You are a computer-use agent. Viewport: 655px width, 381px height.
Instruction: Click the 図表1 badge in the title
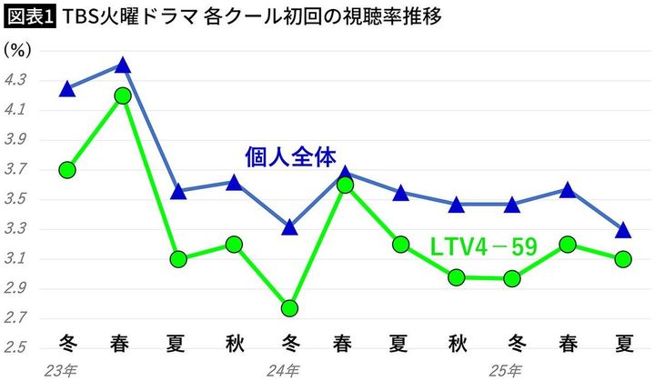[28, 17]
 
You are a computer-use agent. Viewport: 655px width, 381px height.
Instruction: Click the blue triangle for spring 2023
[124, 65]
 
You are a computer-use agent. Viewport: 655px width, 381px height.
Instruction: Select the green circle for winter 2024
[289, 308]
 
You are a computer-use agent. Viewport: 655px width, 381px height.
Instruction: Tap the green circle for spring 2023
[124, 95]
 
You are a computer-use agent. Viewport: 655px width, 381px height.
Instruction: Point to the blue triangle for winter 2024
[289, 227]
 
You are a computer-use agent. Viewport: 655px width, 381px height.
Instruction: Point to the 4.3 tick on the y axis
[17, 81]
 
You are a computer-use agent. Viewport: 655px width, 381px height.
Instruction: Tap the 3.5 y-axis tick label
[17, 200]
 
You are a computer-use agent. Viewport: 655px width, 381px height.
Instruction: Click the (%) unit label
[18, 51]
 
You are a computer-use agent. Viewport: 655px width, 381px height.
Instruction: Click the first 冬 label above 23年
[67, 345]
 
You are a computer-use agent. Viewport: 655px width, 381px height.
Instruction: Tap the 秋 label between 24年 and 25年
[457, 345]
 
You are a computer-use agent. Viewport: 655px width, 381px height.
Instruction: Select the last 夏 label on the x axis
[624, 345]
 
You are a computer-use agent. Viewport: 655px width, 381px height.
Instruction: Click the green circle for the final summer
[623, 259]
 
